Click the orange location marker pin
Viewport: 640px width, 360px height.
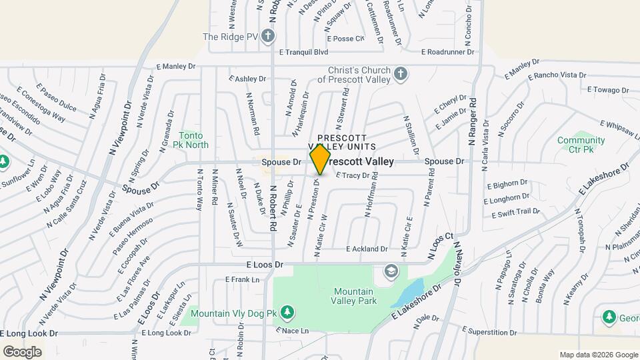(x=320, y=159)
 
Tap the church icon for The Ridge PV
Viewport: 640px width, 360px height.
(x=267, y=36)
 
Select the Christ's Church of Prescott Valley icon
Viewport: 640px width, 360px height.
(x=400, y=73)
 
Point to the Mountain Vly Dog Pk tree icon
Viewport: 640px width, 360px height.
(x=287, y=312)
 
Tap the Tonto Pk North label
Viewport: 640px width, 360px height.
(x=191, y=139)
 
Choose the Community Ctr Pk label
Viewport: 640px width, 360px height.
(x=581, y=145)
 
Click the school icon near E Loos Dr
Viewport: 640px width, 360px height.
(x=391, y=271)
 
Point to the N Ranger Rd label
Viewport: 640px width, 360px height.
(x=471, y=121)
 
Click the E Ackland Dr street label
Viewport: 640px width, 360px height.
(x=367, y=249)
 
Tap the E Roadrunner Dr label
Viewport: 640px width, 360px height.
(x=447, y=51)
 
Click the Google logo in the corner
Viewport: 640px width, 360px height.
(x=22, y=351)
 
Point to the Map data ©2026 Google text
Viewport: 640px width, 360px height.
(x=598, y=355)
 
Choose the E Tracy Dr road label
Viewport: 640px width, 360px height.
(x=352, y=175)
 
